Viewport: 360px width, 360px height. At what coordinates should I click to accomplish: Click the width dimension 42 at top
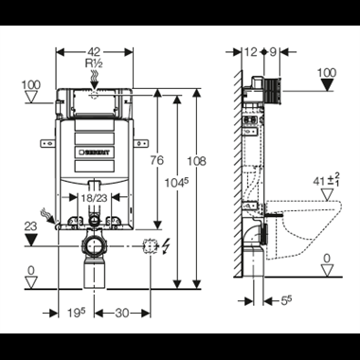pyautogui.click(x=94, y=52)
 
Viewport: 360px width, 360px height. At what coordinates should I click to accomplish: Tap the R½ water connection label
pyautogui.click(x=94, y=63)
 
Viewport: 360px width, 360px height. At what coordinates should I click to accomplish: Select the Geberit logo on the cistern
pyautogui.click(x=95, y=153)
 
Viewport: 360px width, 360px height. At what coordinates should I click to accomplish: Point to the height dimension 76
pyautogui.click(x=157, y=160)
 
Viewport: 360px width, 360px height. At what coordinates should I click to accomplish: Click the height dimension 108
pyautogui.click(x=196, y=161)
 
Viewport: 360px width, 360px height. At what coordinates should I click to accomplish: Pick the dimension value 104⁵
pyautogui.click(x=177, y=182)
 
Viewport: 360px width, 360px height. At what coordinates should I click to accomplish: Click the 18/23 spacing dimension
pyautogui.click(x=95, y=198)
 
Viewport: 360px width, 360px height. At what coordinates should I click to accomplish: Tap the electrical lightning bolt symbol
pyautogui.click(x=165, y=247)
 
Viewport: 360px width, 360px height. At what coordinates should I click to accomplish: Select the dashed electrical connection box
pyautogui.click(x=151, y=246)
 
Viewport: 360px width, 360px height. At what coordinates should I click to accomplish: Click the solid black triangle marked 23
pyautogui.click(x=31, y=240)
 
